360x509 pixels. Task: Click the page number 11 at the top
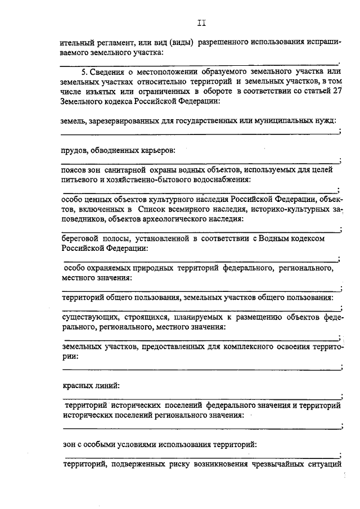[202, 23]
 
